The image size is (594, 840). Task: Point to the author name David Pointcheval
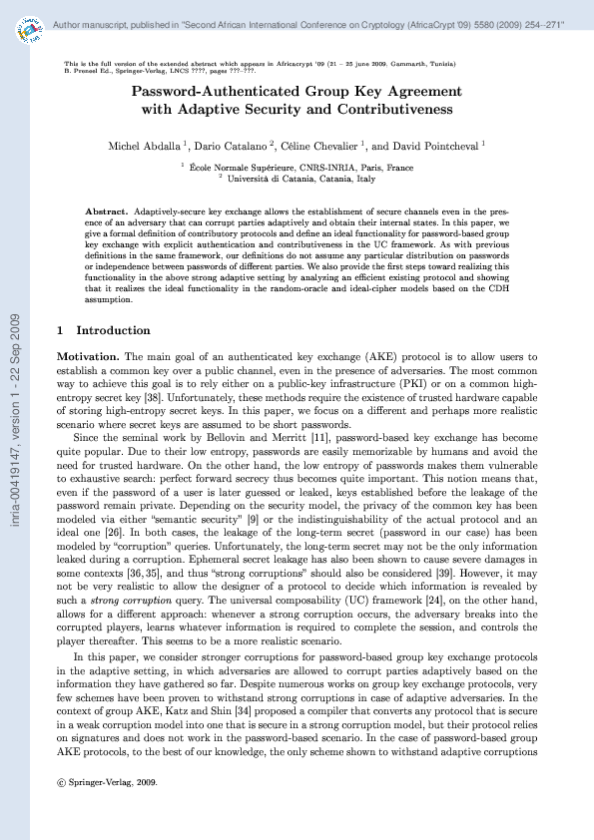tap(435, 146)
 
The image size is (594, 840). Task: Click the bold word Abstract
tap(106, 212)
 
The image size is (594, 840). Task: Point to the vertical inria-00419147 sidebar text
tap(15, 420)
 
